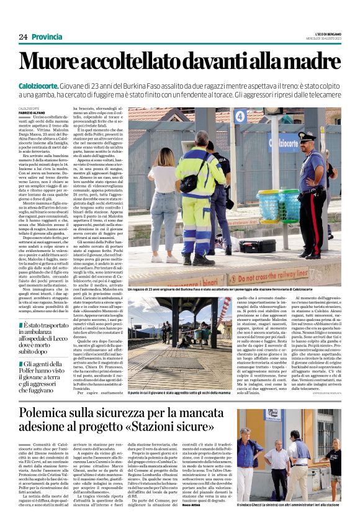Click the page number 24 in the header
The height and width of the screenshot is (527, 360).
(x=23, y=37)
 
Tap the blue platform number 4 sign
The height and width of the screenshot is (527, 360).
(x=257, y=116)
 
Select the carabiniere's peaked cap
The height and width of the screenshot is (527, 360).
(x=307, y=135)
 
